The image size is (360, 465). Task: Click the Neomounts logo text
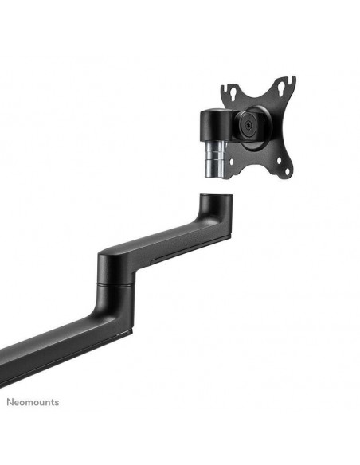click(33, 402)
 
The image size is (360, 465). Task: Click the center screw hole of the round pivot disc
click(248, 125)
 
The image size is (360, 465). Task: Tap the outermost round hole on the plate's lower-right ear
click(287, 171)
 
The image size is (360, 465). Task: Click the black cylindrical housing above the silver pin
click(216, 126)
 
